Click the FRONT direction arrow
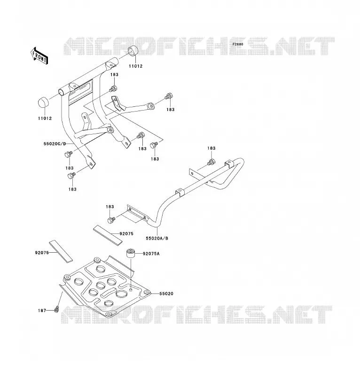pos(39,56)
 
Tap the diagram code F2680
pos(238,44)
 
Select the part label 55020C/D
pos(55,144)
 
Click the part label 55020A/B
pos(157,238)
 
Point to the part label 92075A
pos(151,254)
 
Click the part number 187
pos(42,311)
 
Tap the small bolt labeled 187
pos(56,310)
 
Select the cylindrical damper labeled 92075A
pos(131,254)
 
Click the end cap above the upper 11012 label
pos(133,52)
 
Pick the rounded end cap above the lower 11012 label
pos(43,102)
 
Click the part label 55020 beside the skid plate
pos(166,294)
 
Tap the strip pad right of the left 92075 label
pos(61,251)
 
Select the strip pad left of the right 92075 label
pos(108,235)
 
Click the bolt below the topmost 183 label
pos(113,89)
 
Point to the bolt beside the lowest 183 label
pos(71,176)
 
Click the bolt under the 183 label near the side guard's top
pos(211,162)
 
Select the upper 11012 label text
pos(135,66)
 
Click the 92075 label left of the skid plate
pos(42,253)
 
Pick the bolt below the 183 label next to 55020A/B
pos(111,220)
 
